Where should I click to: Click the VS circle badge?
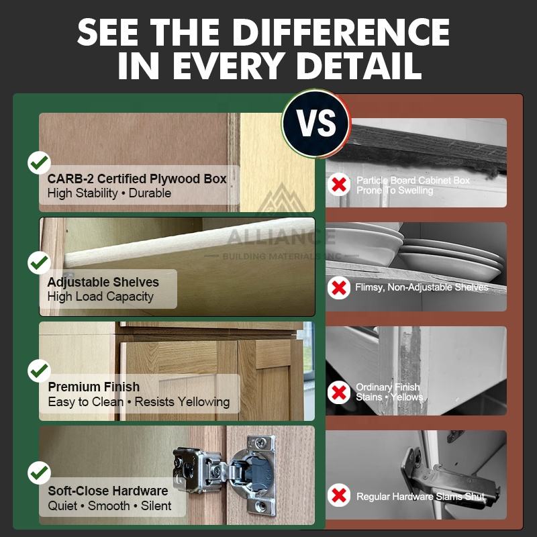[315, 124]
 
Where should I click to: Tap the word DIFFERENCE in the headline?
[341, 32]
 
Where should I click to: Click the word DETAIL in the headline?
[359, 66]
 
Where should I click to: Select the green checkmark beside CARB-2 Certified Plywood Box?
[39, 162]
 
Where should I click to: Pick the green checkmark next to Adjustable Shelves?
[39, 262]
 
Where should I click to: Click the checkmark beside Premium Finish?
[39, 371]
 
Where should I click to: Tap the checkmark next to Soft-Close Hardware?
[39, 473]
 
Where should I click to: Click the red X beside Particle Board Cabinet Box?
[339, 185]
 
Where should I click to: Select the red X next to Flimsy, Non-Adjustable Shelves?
[339, 288]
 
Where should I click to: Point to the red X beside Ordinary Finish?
[339, 393]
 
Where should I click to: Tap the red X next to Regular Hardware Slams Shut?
[339, 495]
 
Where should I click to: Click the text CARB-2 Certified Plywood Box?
[137, 179]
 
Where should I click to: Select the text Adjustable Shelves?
[103, 282]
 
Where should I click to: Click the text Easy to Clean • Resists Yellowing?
[139, 401]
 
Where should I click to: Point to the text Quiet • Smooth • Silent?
[109, 505]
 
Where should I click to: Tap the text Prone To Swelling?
[395, 190]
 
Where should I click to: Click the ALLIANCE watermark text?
[281, 237]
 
